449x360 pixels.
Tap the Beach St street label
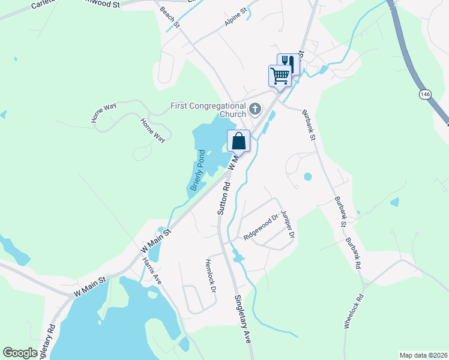pos(170,17)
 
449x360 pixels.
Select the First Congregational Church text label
pos(208,110)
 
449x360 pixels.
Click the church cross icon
pos(255,109)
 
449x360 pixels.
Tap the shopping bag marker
pos(238,142)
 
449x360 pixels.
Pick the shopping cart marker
pos(279,76)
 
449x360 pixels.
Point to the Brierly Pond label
pos(198,170)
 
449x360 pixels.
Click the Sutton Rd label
pos(223,198)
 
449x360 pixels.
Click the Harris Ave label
pos(152,271)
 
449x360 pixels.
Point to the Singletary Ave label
pos(243,319)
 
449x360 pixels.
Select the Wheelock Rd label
pos(354,311)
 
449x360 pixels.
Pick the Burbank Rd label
pos(353,253)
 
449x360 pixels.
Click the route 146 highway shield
pos(424,95)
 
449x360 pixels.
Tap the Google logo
pos(20,353)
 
